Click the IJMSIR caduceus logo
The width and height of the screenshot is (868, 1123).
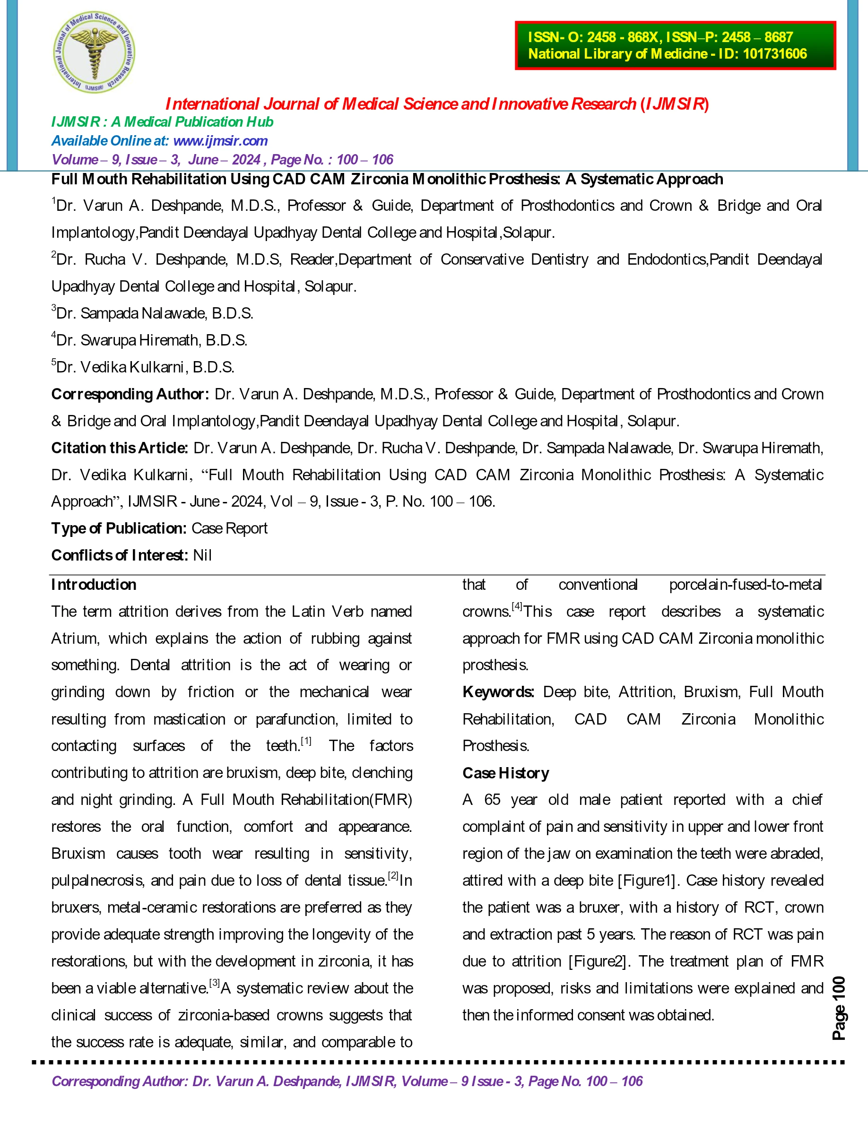(x=94, y=52)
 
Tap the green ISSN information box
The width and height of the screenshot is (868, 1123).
(x=675, y=45)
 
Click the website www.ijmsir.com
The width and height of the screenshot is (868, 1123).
(x=220, y=141)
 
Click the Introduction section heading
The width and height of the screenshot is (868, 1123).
(x=94, y=585)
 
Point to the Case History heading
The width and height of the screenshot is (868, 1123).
(x=505, y=773)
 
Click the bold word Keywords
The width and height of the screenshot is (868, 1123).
(x=498, y=692)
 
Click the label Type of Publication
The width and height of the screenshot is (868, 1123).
(x=118, y=528)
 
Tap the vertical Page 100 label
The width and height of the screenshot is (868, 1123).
(x=838, y=1008)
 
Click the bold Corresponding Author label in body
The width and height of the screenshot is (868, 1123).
(x=130, y=394)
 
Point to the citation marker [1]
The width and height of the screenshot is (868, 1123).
(x=306, y=742)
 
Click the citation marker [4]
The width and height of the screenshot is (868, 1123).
(x=517, y=607)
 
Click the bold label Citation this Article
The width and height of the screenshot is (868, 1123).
(x=119, y=449)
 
